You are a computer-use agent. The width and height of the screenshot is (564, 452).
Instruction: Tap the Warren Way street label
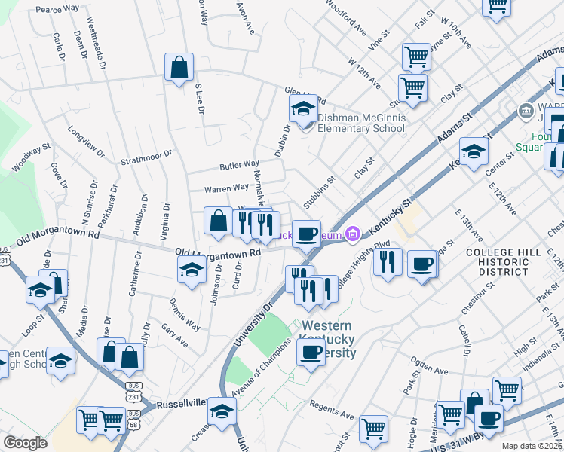pyautogui.click(x=228, y=187)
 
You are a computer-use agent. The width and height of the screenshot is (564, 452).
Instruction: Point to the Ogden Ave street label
pyautogui.click(x=429, y=369)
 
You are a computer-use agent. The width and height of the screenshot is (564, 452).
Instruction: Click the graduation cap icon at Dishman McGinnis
pyautogui.click(x=303, y=110)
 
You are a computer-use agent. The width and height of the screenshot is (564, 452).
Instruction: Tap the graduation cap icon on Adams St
pyautogui.click(x=474, y=152)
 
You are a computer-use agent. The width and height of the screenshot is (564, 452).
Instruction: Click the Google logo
pyautogui.click(x=26, y=443)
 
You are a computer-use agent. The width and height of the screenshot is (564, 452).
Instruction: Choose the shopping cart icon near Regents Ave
pyautogui.click(x=373, y=429)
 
